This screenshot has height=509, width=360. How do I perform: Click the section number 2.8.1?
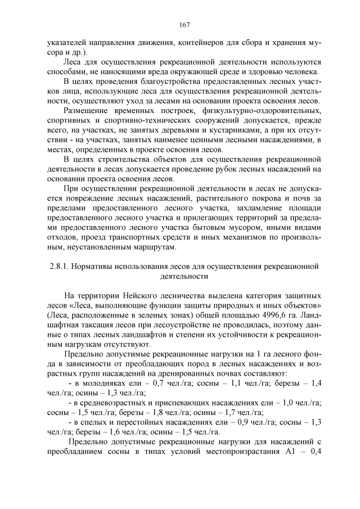[x=59, y=265]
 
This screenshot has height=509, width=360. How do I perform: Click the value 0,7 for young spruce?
[x=151, y=384]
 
